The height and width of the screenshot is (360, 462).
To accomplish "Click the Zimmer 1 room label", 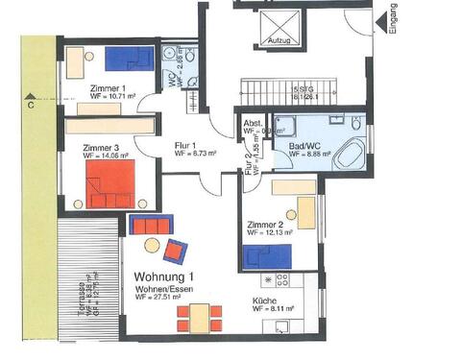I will coord(83,87).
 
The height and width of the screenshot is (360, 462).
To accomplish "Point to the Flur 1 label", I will coord(183,145).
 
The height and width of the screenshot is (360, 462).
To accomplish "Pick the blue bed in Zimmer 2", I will coord(268,256).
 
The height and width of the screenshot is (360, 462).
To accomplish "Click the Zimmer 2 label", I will coord(263,224).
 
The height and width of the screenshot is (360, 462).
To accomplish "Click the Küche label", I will coord(266,300).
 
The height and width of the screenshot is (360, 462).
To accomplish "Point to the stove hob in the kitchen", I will coord(283,279).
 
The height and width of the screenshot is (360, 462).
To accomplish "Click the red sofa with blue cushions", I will coord(150,226).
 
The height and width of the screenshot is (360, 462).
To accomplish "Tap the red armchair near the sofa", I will coord(176,252).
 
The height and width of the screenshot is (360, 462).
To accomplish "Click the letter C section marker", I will coord(33,107).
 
